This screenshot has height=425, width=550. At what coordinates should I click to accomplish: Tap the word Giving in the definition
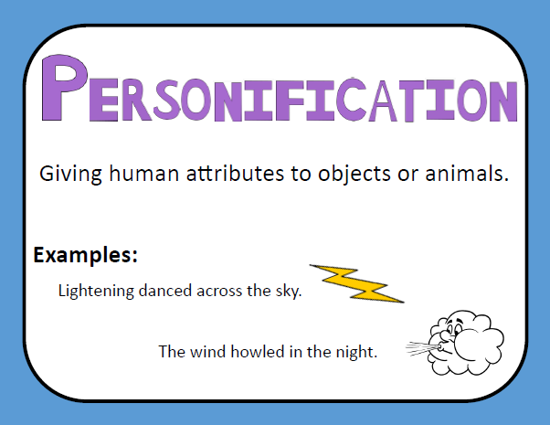point(70,174)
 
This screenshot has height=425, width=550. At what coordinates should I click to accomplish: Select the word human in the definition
point(143,173)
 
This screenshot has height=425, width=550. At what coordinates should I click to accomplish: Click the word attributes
point(235,173)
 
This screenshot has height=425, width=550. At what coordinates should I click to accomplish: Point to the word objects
point(354,174)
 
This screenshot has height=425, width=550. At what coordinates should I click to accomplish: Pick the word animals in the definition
point(467,173)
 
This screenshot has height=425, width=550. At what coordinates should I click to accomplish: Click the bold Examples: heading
point(85,255)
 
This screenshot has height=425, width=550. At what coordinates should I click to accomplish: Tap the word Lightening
point(96,292)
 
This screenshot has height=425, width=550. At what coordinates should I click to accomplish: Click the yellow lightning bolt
point(357,283)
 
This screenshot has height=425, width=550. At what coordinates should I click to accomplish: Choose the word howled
point(257,351)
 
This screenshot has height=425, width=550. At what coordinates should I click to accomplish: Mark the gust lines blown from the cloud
point(421,348)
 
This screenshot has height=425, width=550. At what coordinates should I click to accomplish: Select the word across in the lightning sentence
point(219,292)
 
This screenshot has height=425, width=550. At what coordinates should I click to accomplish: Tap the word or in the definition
point(408,175)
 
